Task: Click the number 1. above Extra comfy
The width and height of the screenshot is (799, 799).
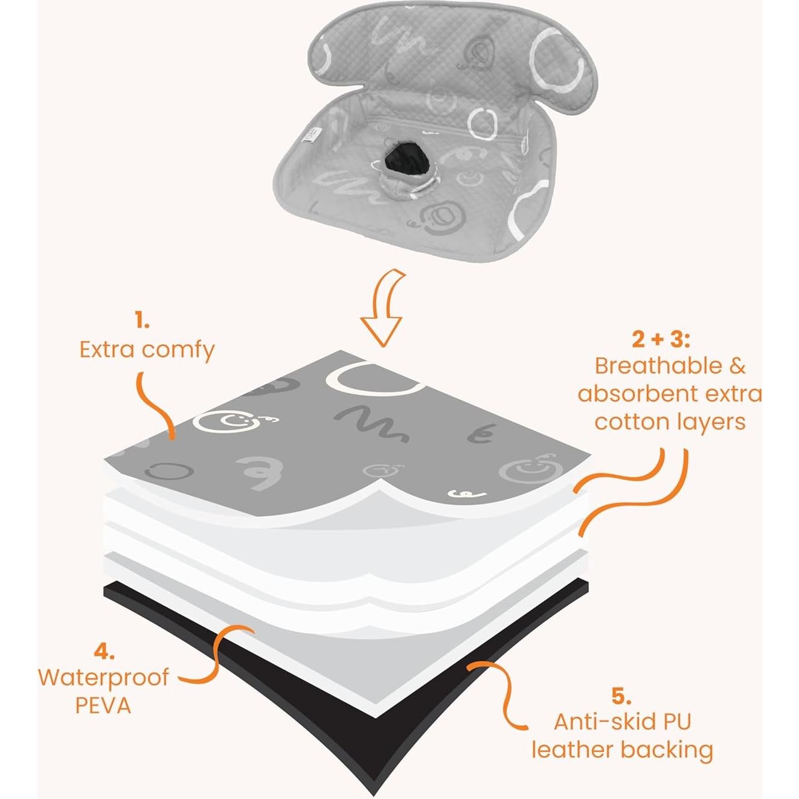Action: coord(142,322)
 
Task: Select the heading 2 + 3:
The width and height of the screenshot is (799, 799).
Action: coord(661,339)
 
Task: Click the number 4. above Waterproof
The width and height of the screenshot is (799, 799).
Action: coord(103,652)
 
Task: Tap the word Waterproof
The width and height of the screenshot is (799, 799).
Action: coord(103,678)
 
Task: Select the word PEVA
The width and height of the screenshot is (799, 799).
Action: coord(103,705)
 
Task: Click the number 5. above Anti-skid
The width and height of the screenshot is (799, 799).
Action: coord(621,696)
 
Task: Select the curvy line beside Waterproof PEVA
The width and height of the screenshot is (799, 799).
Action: coord(211,658)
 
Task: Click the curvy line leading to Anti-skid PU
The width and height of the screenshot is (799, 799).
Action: coord(501,688)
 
